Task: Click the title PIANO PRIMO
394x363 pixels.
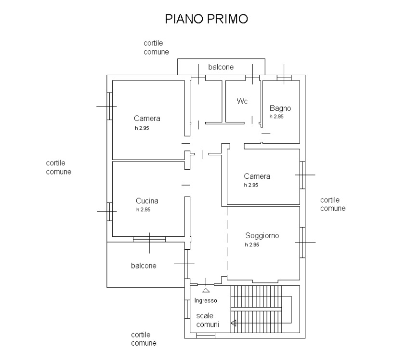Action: [207, 19]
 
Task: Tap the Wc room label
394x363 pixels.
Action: [242, 101]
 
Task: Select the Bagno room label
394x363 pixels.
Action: [280, 108]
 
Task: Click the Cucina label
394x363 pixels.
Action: [147, 201]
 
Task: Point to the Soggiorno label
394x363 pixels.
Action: [262, 236]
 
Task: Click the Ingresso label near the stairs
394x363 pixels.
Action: [206, 300]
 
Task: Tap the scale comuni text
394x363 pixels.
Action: [208, 320]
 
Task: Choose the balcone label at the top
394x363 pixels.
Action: [221, 67]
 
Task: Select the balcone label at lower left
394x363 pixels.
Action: [144, 266]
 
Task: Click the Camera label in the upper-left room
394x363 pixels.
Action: [147, 119]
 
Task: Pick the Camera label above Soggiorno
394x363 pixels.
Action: [257, 176]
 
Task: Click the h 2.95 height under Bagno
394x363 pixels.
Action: [276, 117]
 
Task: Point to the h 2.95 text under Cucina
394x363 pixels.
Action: [144, 210]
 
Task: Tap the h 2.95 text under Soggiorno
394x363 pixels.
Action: [252, 245]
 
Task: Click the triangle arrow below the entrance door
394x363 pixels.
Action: [206, 290]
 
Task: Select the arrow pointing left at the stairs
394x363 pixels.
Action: [234, 323]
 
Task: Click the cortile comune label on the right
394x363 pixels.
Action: [333, 204]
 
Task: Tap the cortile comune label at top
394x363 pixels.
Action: [156, 47]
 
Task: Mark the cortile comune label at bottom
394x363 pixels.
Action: [144, 339]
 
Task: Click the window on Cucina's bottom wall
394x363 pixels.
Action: [149, 238]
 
